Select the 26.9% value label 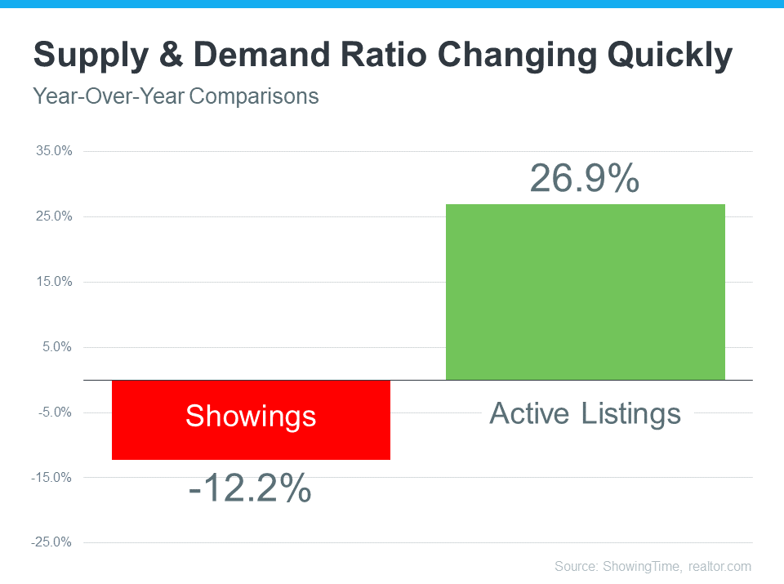pyautogui.click(x=584, y=179)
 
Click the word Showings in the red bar pyautogui.click(x=251, y=417)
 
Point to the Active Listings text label pyautogui.click(x=585, y=413)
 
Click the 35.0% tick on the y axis pyautogui.click(x=54, y=151)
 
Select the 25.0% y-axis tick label pyautogui.click(x=54, y=216)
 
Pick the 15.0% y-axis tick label pyautogui.click(x=54, y=282)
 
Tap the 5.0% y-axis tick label pyautogui.click(x=56, y=347)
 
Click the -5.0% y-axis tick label pyautogui.click(x=55, y=412)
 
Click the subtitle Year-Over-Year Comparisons pyautogui.click(x=176, y=96)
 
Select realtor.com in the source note pyautogui.click(x=719, y=566)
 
